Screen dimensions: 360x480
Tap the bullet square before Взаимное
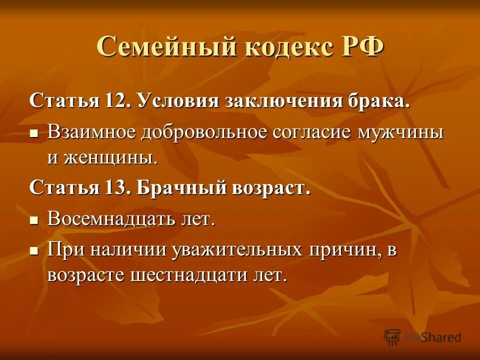(x=34, y=134)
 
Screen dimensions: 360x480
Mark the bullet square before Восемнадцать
(x=34, y=220)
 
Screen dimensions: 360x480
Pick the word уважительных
(x=236, y=249)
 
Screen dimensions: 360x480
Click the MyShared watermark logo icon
(x=393, y=337)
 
